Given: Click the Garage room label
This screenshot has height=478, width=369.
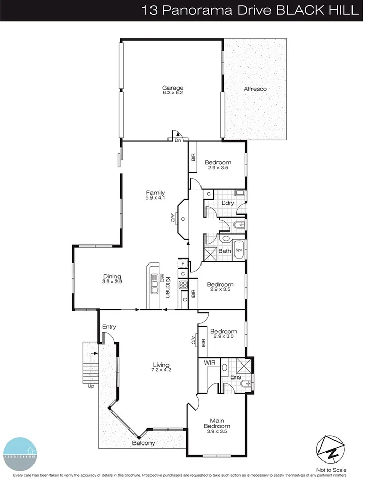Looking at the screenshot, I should point(173,88).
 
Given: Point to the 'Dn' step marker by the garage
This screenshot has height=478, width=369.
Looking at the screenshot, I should point(178,140).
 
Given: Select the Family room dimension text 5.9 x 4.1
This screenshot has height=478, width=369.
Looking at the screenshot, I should point(155,199).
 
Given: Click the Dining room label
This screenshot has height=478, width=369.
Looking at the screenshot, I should point(111,276).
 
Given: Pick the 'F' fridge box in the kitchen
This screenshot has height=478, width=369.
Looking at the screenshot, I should point(183,263).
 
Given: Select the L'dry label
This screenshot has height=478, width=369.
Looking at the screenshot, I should point(228,203).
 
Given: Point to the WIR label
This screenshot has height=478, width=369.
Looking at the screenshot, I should point(210,363).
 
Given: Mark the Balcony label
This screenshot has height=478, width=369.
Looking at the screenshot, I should point(143,443).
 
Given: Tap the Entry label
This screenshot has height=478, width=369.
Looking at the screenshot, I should point(109,327).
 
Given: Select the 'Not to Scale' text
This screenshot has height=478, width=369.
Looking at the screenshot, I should point(332,470).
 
